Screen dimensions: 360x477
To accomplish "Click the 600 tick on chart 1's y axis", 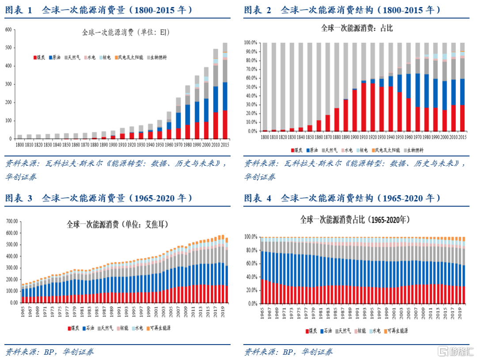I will point(8,30).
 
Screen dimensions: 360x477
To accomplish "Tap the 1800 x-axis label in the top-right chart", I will point(265,137).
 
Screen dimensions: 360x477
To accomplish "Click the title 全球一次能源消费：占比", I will point(356,28).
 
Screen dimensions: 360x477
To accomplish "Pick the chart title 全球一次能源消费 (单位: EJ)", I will point(126,32).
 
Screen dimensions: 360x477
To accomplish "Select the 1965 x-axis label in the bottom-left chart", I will point(23,312).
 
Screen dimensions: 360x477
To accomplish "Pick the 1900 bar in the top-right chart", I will point(354,110).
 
